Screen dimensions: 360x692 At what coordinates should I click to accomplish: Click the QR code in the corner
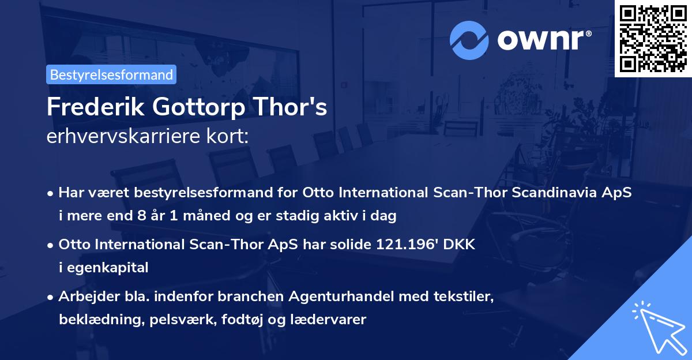click(x=653, y=38)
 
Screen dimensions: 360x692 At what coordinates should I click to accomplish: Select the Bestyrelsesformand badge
click(x=111, y=74)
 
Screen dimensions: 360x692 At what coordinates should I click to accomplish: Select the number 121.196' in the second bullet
click(x=412, y=244)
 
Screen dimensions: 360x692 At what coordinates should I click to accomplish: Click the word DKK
click(x=459, y=244)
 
